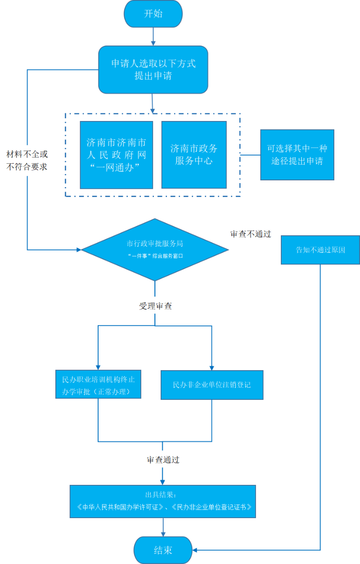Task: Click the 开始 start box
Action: pos(153,13)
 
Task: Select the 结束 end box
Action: pos(163,550)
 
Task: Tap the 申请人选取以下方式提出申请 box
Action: pos(153,70)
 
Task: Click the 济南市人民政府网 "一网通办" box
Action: pos(117,155)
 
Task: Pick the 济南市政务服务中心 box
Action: pos(194,155)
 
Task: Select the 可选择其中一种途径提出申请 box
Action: pos(297,155)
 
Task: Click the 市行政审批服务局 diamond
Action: pos(155,250)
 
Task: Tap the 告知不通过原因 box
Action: pos(320,250)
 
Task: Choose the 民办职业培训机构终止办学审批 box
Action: pos(98,384)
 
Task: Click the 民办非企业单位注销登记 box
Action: pos(212,385)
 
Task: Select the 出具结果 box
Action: pos(163,501)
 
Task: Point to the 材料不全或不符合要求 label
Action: pos(27,161)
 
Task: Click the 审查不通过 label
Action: pos(251,234)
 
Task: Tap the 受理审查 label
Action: pos(155,306)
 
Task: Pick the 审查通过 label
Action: pos(163,460)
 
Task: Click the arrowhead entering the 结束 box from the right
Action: pos(194,550)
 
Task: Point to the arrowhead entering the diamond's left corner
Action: pos(79,250)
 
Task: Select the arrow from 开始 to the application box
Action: pos(153,36)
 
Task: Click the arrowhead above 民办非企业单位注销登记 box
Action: pos(212,368)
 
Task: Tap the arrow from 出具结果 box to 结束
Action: pos(163,527)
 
